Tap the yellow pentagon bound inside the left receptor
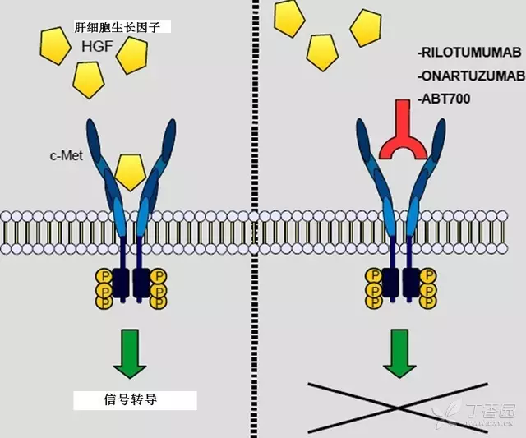coord(132,170)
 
